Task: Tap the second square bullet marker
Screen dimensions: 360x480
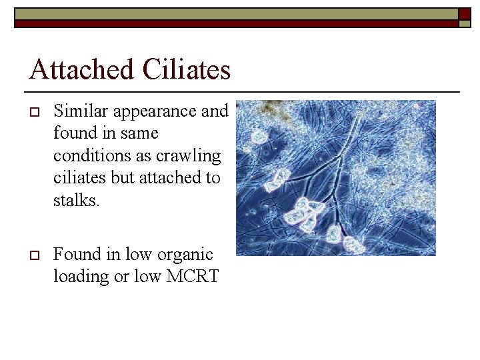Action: (32, 255)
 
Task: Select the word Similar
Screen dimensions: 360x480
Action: (77, 111)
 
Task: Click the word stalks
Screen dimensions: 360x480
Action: (75, 200)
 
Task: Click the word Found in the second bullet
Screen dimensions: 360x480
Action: (75, 254)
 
